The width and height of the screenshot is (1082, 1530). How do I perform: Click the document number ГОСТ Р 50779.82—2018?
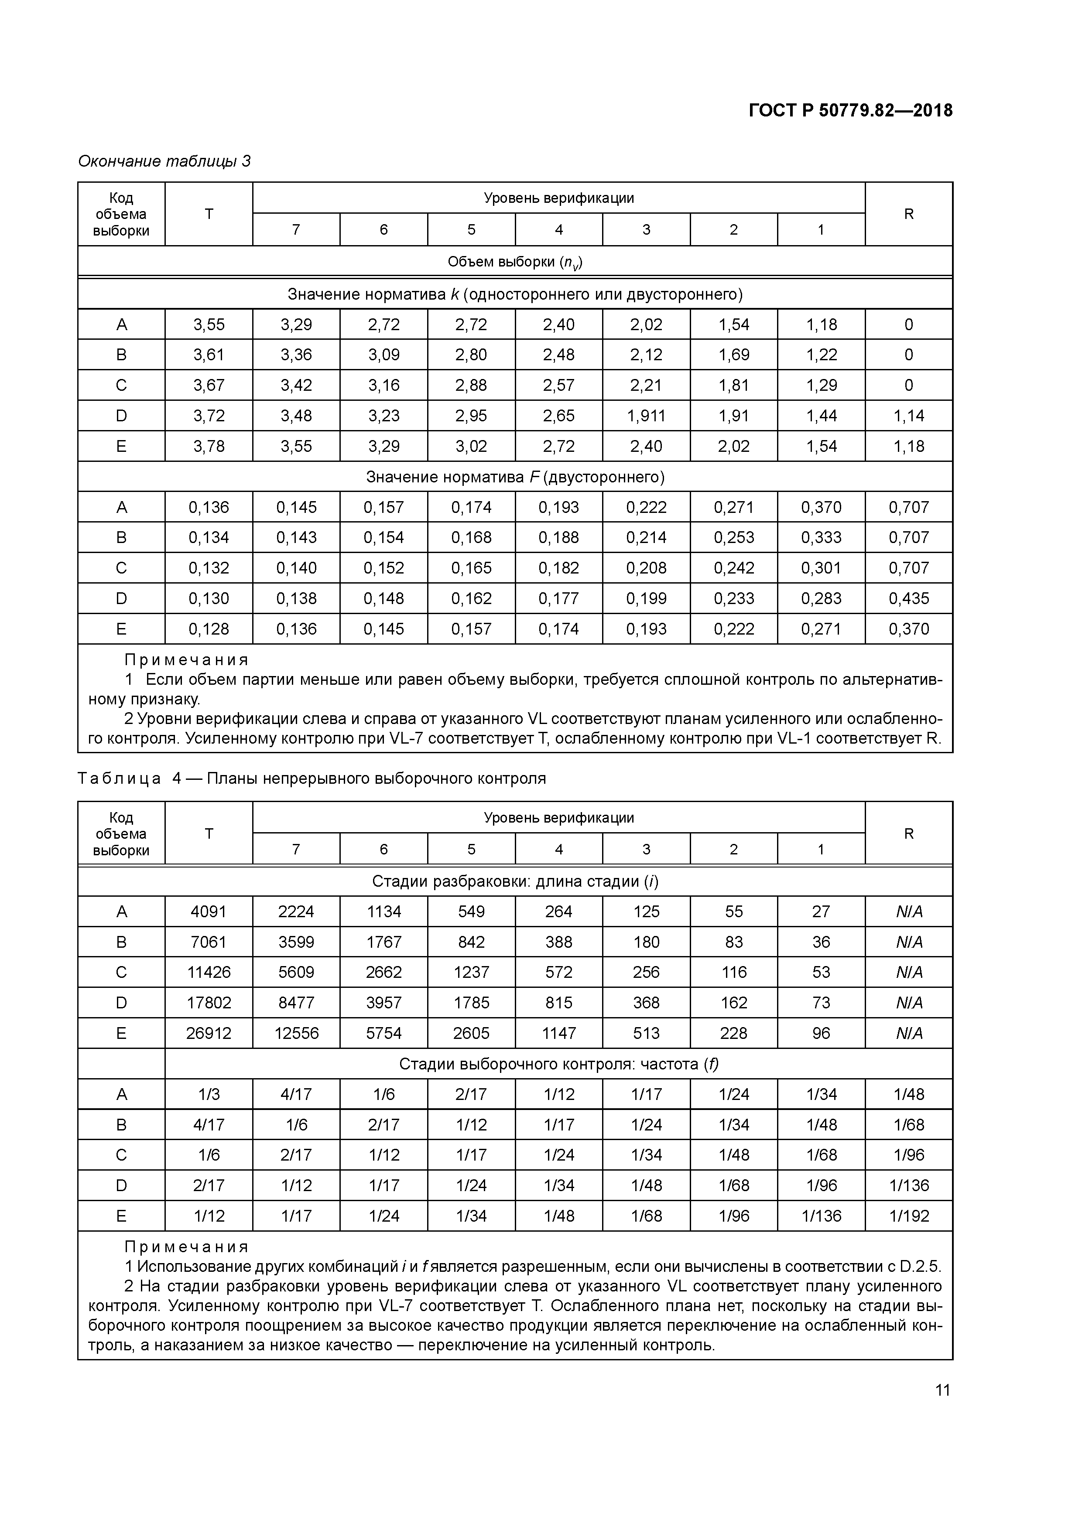(850, 110)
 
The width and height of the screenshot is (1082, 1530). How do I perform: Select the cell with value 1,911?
(646, 416)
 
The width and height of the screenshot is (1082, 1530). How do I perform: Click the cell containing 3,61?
(209, 355)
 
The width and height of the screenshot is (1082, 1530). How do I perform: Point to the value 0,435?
(909, 598)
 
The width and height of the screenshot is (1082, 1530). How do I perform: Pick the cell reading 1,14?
(909, 416)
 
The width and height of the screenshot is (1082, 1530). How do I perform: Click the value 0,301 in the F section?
(822, 568)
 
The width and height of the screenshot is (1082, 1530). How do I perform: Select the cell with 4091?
(209, 911)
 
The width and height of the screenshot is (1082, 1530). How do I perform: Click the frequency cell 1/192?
(909, 1216)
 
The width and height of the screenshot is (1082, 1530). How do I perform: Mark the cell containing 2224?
(296, 911)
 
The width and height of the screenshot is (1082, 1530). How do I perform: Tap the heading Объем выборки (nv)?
(515, 262)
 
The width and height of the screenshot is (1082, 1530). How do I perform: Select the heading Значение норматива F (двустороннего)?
(515, 477)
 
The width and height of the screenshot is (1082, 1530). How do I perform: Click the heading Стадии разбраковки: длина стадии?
(515, 881)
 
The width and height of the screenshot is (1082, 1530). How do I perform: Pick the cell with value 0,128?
(209, 628)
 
